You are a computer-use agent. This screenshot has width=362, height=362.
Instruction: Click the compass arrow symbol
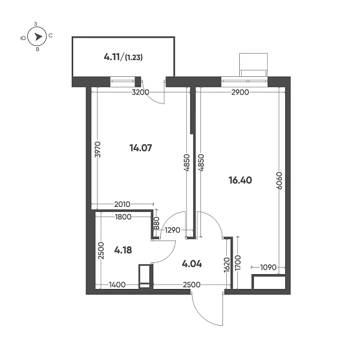coord(37,37)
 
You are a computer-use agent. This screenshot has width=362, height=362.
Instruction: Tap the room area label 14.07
coord(140,148)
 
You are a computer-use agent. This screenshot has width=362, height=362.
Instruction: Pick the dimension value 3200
coord(140,92)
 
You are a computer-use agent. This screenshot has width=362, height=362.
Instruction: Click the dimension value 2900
coord(240,92)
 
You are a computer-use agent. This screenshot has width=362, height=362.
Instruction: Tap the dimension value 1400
coord(117,284)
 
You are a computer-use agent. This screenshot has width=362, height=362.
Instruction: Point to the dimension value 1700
coord(239,262)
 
